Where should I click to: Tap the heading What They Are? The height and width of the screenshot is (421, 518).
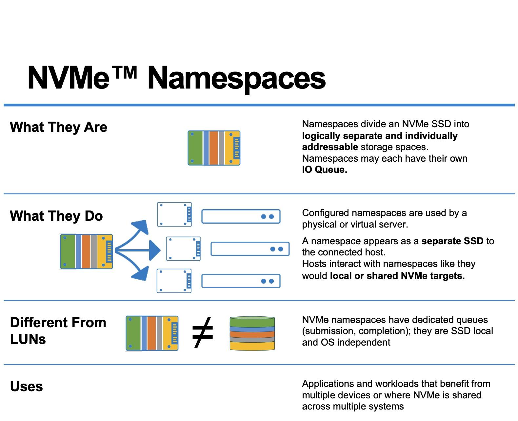pyautogui.click(x=58, y=127)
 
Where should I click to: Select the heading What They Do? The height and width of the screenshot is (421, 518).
pyautogui.click(x=56, y=216)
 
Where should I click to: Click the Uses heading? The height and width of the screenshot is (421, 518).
pyautogui.click(x=26, y=387)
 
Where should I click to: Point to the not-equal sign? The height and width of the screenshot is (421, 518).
pyautogui.click(x=203, y=332)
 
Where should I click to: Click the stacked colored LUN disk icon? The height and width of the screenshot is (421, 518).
pyautogui.click(x=252, y=333)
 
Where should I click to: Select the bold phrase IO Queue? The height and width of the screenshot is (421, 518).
pyautogui.click(x=324, y=170)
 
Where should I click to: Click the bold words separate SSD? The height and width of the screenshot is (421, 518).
pyautogui.click(x=452, y=241)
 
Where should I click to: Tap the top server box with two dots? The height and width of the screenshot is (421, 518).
pyautogui.click(x=241, y=216)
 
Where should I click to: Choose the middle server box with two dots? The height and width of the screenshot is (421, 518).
pyautogui.click(x=250, y=249)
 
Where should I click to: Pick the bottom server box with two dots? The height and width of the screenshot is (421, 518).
pyautogui.click(x=241, y=281)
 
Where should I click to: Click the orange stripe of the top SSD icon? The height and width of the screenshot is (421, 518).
pyautogui.click(x=213, y=148)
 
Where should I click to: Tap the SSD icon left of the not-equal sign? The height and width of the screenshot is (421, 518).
pyautogui.click(x=152, y=333)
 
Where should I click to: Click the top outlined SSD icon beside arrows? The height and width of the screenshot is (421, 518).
pyautogui.click(x=174, y=214)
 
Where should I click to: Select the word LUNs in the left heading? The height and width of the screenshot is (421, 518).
pyautogui.click(x=28, y=339)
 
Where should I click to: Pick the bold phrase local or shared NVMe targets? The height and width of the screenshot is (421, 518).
pyautogui.click(x=397, y=276)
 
